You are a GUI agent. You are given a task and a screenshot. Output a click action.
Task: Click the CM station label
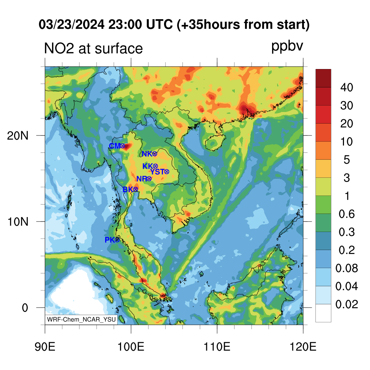click(115, 146)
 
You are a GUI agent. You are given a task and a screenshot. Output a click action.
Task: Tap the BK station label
click(128, 189)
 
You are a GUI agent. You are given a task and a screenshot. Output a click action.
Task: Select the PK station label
click(110, 240)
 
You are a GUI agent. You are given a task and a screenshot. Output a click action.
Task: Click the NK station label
click(147, 154)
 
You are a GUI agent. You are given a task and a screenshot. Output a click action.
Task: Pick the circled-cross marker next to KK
click(155, 166)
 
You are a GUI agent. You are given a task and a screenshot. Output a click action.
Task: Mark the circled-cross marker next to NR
click(149, 179)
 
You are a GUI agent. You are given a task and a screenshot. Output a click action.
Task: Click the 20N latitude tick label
click(18, 136)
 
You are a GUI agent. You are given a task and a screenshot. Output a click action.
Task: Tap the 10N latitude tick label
click(18, 222)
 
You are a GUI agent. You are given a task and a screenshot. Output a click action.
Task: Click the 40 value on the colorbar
click(347, 87)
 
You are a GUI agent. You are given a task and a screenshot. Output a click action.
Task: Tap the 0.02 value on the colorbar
click(347, 304)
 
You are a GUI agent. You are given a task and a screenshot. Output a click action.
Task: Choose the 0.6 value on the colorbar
click(347, 214)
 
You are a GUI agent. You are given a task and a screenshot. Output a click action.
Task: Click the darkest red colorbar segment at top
click(323, 78)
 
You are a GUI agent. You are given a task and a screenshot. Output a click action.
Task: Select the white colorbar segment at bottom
click(323, 313)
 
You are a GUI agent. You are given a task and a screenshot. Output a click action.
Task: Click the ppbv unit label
click(287, 47)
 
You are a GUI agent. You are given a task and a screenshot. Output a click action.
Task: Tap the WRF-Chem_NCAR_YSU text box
click(81, 319)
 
